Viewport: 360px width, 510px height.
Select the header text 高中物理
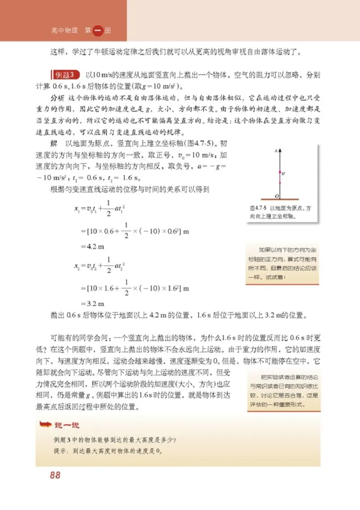point(64,31)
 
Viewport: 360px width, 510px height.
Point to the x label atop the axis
point(275,153)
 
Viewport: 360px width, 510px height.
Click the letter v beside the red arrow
point(283,172)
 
